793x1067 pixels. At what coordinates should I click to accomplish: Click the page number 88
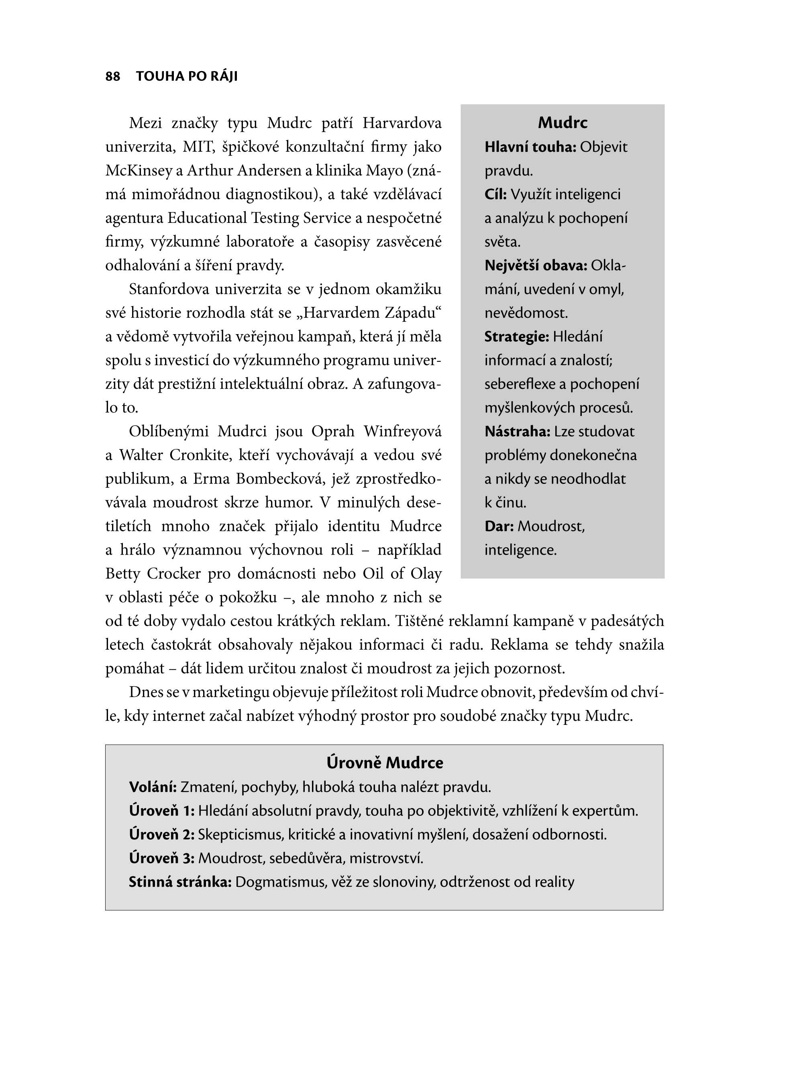point(112,76)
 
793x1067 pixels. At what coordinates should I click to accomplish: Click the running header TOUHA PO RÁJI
point(187,76)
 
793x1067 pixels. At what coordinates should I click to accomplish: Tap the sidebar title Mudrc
point(562,123)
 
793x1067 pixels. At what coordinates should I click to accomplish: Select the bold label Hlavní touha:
point(530,147)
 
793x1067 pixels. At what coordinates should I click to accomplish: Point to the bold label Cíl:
point(495,194)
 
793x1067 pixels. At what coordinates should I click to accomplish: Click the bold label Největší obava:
point(536,265)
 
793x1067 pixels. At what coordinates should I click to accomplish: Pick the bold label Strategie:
point(516,337)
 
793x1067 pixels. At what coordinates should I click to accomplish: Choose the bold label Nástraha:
point(517,432)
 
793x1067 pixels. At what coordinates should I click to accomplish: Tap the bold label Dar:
point(499,526)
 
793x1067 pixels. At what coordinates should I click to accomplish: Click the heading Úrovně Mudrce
point(385,763)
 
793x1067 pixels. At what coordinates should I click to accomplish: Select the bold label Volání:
point(153,787)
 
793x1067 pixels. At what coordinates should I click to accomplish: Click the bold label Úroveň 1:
point(161,811)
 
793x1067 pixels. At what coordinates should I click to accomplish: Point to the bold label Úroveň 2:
point(161,835)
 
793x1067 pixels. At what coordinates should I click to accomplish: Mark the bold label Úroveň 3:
point(161,858)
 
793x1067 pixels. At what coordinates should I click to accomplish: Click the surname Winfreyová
point(402,432)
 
